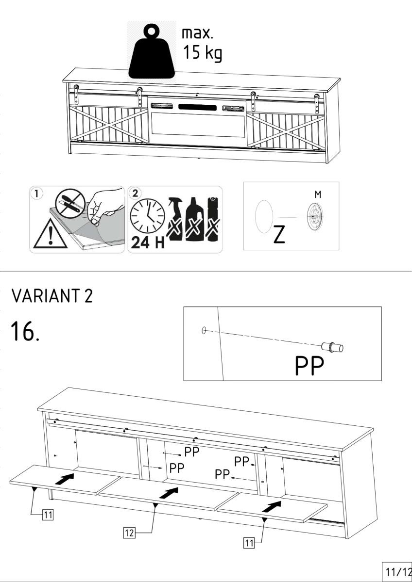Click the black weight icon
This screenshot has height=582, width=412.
click(152, 52)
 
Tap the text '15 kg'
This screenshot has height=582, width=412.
click(203, 53)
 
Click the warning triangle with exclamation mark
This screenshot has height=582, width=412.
click(50, 234)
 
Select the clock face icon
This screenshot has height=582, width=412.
click(147, 215)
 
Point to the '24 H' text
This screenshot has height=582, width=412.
click(148, 242)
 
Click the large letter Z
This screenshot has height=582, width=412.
click(279, 234)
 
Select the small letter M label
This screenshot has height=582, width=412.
click(318, 194)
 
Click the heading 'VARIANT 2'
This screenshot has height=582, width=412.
click(52, 296)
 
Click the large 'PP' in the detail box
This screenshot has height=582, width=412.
click(309, 366)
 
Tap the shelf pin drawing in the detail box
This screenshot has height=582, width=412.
click(332, 347)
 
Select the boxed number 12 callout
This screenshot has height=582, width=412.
click(129, 533)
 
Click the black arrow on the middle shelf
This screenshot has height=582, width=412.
click(169, 493)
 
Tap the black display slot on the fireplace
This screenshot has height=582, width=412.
click(197, 107)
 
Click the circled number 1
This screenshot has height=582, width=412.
click(37, 194)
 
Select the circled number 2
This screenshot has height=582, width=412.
click(135, 194)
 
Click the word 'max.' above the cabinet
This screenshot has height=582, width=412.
click(197, 34)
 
